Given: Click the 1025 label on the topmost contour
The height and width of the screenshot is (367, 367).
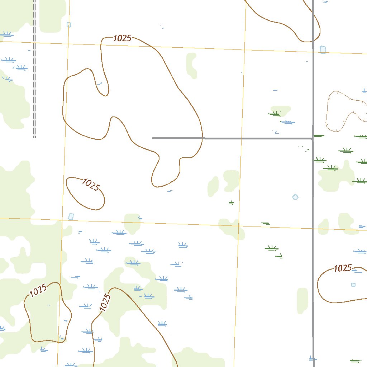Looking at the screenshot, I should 122,38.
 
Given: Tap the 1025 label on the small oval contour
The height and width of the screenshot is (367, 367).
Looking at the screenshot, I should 90,185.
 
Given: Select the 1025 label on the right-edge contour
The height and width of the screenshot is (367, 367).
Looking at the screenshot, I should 343,268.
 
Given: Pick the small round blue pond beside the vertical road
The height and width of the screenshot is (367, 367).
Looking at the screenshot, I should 295,197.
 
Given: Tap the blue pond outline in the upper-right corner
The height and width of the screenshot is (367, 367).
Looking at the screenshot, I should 323,49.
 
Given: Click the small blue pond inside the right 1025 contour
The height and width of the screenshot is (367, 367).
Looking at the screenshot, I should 353,285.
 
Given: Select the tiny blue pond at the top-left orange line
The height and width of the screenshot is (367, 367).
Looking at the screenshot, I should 69,25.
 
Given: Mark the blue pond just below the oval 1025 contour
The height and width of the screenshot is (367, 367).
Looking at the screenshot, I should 71,216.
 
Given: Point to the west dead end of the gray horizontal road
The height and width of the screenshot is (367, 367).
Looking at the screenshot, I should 153,138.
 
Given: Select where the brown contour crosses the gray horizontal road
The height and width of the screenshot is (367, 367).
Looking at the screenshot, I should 203,138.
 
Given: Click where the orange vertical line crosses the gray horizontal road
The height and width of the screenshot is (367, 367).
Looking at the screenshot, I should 241,138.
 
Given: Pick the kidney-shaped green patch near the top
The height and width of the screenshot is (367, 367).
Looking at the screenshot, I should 191,65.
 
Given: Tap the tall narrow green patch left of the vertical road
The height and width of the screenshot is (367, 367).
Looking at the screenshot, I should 302,300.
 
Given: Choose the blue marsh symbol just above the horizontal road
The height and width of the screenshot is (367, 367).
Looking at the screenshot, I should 287,122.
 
